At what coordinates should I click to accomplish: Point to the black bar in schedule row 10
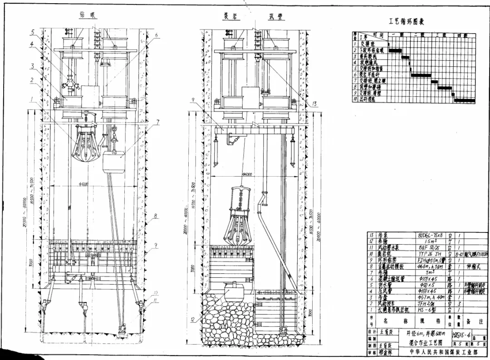[464, 101]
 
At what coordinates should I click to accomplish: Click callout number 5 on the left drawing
[33, 32]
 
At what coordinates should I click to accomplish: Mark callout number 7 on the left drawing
[158, 122]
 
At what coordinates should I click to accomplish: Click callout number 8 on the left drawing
[156, 216]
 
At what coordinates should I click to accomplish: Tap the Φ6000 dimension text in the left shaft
[82, 184]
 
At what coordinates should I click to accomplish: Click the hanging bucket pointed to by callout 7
[114, 162]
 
